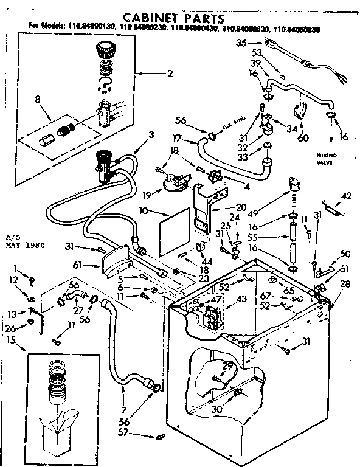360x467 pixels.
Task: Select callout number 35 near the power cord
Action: (x=240, y=43)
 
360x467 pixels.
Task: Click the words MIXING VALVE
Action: (x=327, y=159)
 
